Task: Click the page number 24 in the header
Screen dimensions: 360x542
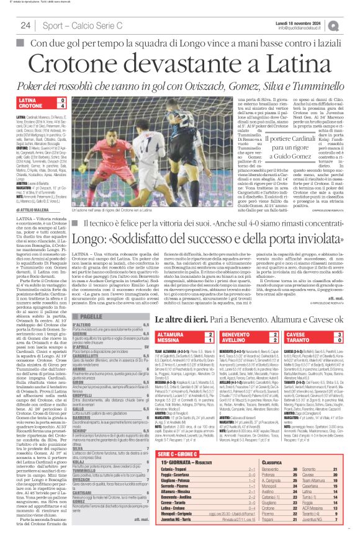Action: click(25, 25)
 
